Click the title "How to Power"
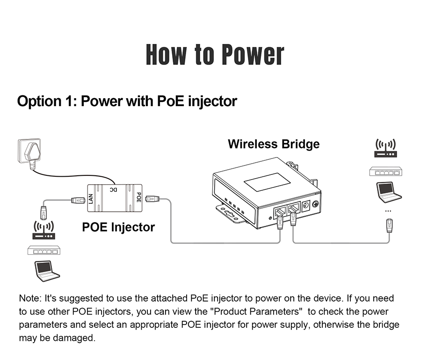[215, 54]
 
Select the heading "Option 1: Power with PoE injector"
[127, 101]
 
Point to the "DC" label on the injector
[113, 189]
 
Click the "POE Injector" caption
[118, 227]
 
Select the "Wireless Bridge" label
[274, 144]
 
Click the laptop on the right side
[388, 191]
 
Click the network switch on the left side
[44, 250]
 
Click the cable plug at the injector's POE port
[152, 200]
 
